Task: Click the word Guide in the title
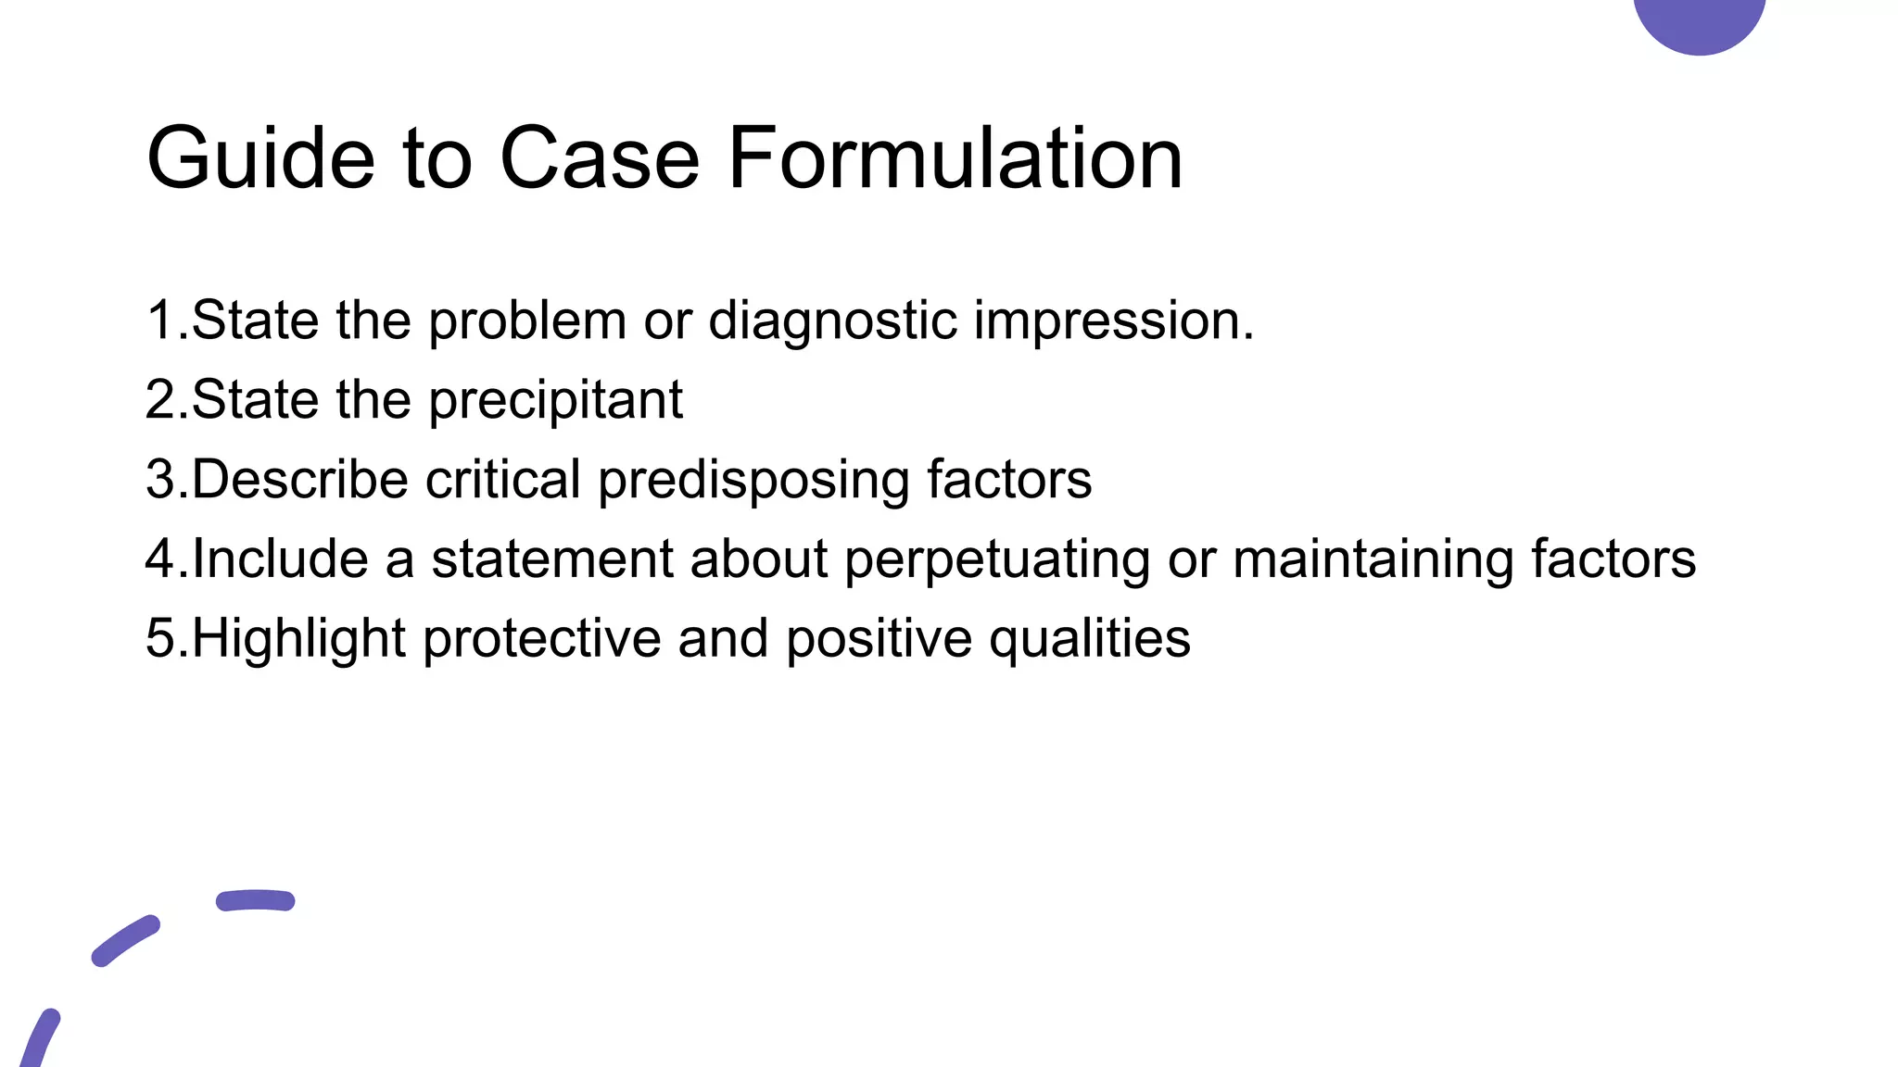point(260,159)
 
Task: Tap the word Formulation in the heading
point(955,159)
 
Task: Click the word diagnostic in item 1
point(832,321)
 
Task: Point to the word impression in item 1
point(1112,321)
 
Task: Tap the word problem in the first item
point(527,321)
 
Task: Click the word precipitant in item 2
point(555,401)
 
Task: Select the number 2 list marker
point(161,401)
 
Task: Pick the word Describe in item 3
point(300,480)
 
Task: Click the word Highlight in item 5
point(298,639)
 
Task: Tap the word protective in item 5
point(541,639)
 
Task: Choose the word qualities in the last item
point(1089,639)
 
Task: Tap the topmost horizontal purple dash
point(255,900)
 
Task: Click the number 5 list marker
point(161,639)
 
